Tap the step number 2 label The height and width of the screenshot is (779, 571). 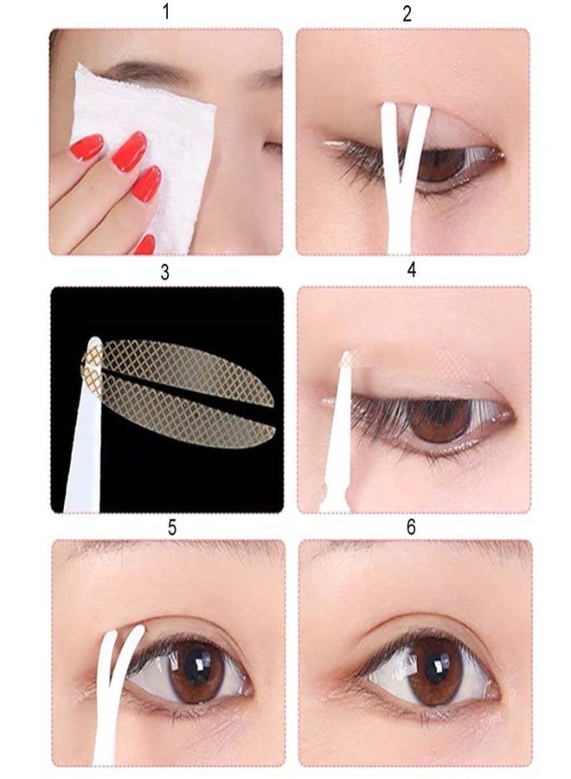click(x=407, y=13)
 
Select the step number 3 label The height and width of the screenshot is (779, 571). click(x=165, y=272)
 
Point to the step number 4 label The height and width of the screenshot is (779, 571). click(x=411, y=269)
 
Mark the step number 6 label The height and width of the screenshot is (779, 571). click(x=411, y=526)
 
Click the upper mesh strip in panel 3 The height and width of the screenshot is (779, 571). click(x=186, y=370)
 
